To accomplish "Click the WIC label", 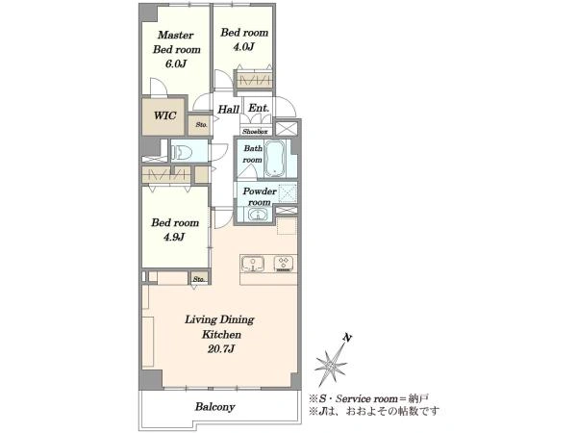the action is pyautogui.click(x=164, y=115).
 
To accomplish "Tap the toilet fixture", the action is pyautogui.click(x=182, y=151).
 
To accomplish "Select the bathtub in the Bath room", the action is pyautogui.click(x=275, y=159).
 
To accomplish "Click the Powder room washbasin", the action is pyautogui.click(x=258, y=214).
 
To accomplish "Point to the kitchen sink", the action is pyautogui.click(x=253, y=265).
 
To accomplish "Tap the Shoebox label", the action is pyautogui.click(x=255, y=132).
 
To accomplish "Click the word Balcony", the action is pyautogui.click(x=214, y=407).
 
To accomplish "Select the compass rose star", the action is pyautogui.click(x=331, y=366).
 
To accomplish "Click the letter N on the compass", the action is pyautogui.click(x=346, y=338).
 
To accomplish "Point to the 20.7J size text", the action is pyautogui.click(x=221, y=348).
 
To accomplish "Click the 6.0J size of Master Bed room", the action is pyautogui.click(x=176, y=64).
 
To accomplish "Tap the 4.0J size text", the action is pyautogui.click(x=244, y=47).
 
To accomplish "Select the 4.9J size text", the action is pyautogui.click(x=174, y=237).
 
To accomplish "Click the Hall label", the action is pyautogui.click(x=229, y=110).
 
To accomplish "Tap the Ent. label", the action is pyautogui.click(x=259, y=108).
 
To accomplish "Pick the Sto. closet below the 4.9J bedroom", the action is pyautogui.click(x=199, y=279).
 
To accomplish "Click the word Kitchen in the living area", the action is pyautogui.click(x=221, y=335).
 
